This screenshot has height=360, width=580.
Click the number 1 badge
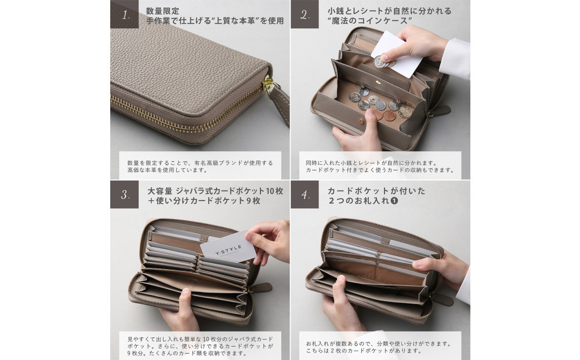(x=124, y=14)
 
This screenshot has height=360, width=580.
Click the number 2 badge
(x=304, y=14)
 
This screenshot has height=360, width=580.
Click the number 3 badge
(x=124, y=194)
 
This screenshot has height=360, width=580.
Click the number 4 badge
(x=304, y=194)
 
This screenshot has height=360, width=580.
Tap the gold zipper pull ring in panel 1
(x=267, y=84)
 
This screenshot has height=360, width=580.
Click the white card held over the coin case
(x=397, y=54)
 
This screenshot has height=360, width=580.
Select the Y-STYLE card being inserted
(x=228, y=247)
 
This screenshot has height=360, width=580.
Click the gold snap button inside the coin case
(x=378, y=83)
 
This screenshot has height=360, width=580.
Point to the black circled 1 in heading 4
(x=394, y=201)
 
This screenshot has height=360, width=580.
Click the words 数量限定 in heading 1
(x=162, y=11)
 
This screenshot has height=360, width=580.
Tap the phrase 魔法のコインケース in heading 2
(x=368, y=21)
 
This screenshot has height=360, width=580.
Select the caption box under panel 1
(x=200, y=165)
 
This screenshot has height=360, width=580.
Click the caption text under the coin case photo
(x=379, y=166)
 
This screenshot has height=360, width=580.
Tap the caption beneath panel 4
(x=378, y=347)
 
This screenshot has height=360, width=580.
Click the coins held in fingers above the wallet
(x=383, y=62)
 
